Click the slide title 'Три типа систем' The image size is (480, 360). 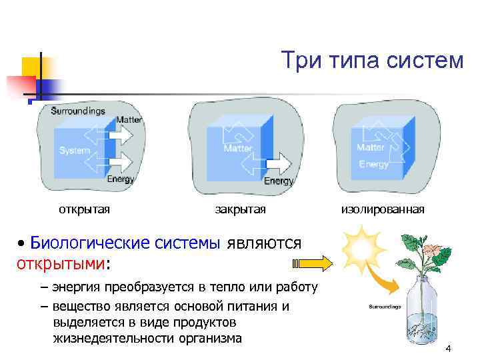pos(371,61)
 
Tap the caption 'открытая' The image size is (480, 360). pos(84,210)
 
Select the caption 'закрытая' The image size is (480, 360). pos(240,210)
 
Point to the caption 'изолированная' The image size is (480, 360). pos(383,210)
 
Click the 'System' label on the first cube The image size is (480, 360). pos(74,151)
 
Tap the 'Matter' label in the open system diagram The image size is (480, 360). pos(129,120)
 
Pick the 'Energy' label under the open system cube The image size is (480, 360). pos(120,179)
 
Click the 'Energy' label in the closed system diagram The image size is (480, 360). pos(279,181)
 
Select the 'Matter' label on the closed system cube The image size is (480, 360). pos(238,148)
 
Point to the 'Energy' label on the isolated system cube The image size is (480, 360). pos(373,164)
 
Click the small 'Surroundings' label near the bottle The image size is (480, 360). pos(385,307)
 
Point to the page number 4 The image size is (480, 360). pos(448,349)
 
